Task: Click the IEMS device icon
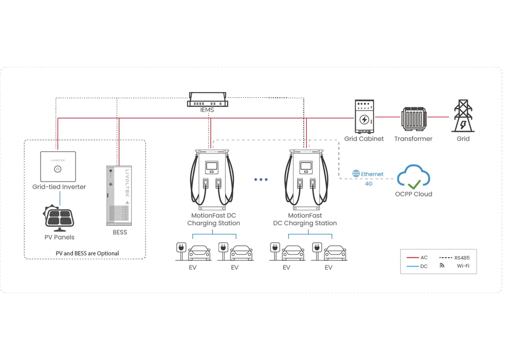click(208, 99)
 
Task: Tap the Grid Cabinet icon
click(364, 117)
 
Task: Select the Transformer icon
click(413, 119)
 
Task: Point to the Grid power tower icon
click(463, 116)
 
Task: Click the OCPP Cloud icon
click(414, 177)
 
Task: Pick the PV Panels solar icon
click(59, 218)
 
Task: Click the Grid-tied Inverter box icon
click(58, 166)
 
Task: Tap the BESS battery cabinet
click(119, 195)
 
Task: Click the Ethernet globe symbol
click(356, 174)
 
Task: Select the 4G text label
click(369, 184)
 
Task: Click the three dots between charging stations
click(261, 179)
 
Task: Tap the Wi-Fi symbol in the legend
click(442, 266)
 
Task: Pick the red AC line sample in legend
click(413, 258)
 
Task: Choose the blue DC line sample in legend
click(413, 266)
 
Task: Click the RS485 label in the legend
click(462, 258)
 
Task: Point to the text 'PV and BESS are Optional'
click(87, 253)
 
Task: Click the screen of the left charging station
click(211, 167)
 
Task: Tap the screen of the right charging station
click(306, 167)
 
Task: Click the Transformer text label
click(413, 139)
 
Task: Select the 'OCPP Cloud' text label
click(414, 194)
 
